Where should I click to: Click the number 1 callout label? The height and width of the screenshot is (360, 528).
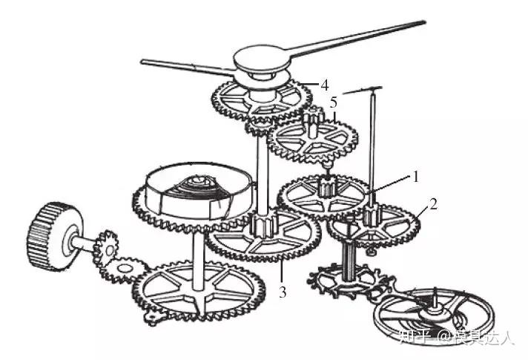coord(417,177)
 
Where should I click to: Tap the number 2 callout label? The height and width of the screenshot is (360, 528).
coord(434,202)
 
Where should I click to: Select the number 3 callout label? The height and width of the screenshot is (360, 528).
coord(283,291)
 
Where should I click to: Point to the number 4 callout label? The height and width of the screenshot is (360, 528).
coord(324,85)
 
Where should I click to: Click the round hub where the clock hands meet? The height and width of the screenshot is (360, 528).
coord(264,59)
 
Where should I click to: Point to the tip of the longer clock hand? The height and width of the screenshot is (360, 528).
coord(425,23)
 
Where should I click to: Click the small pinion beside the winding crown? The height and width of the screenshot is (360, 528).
coord(106,243)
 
